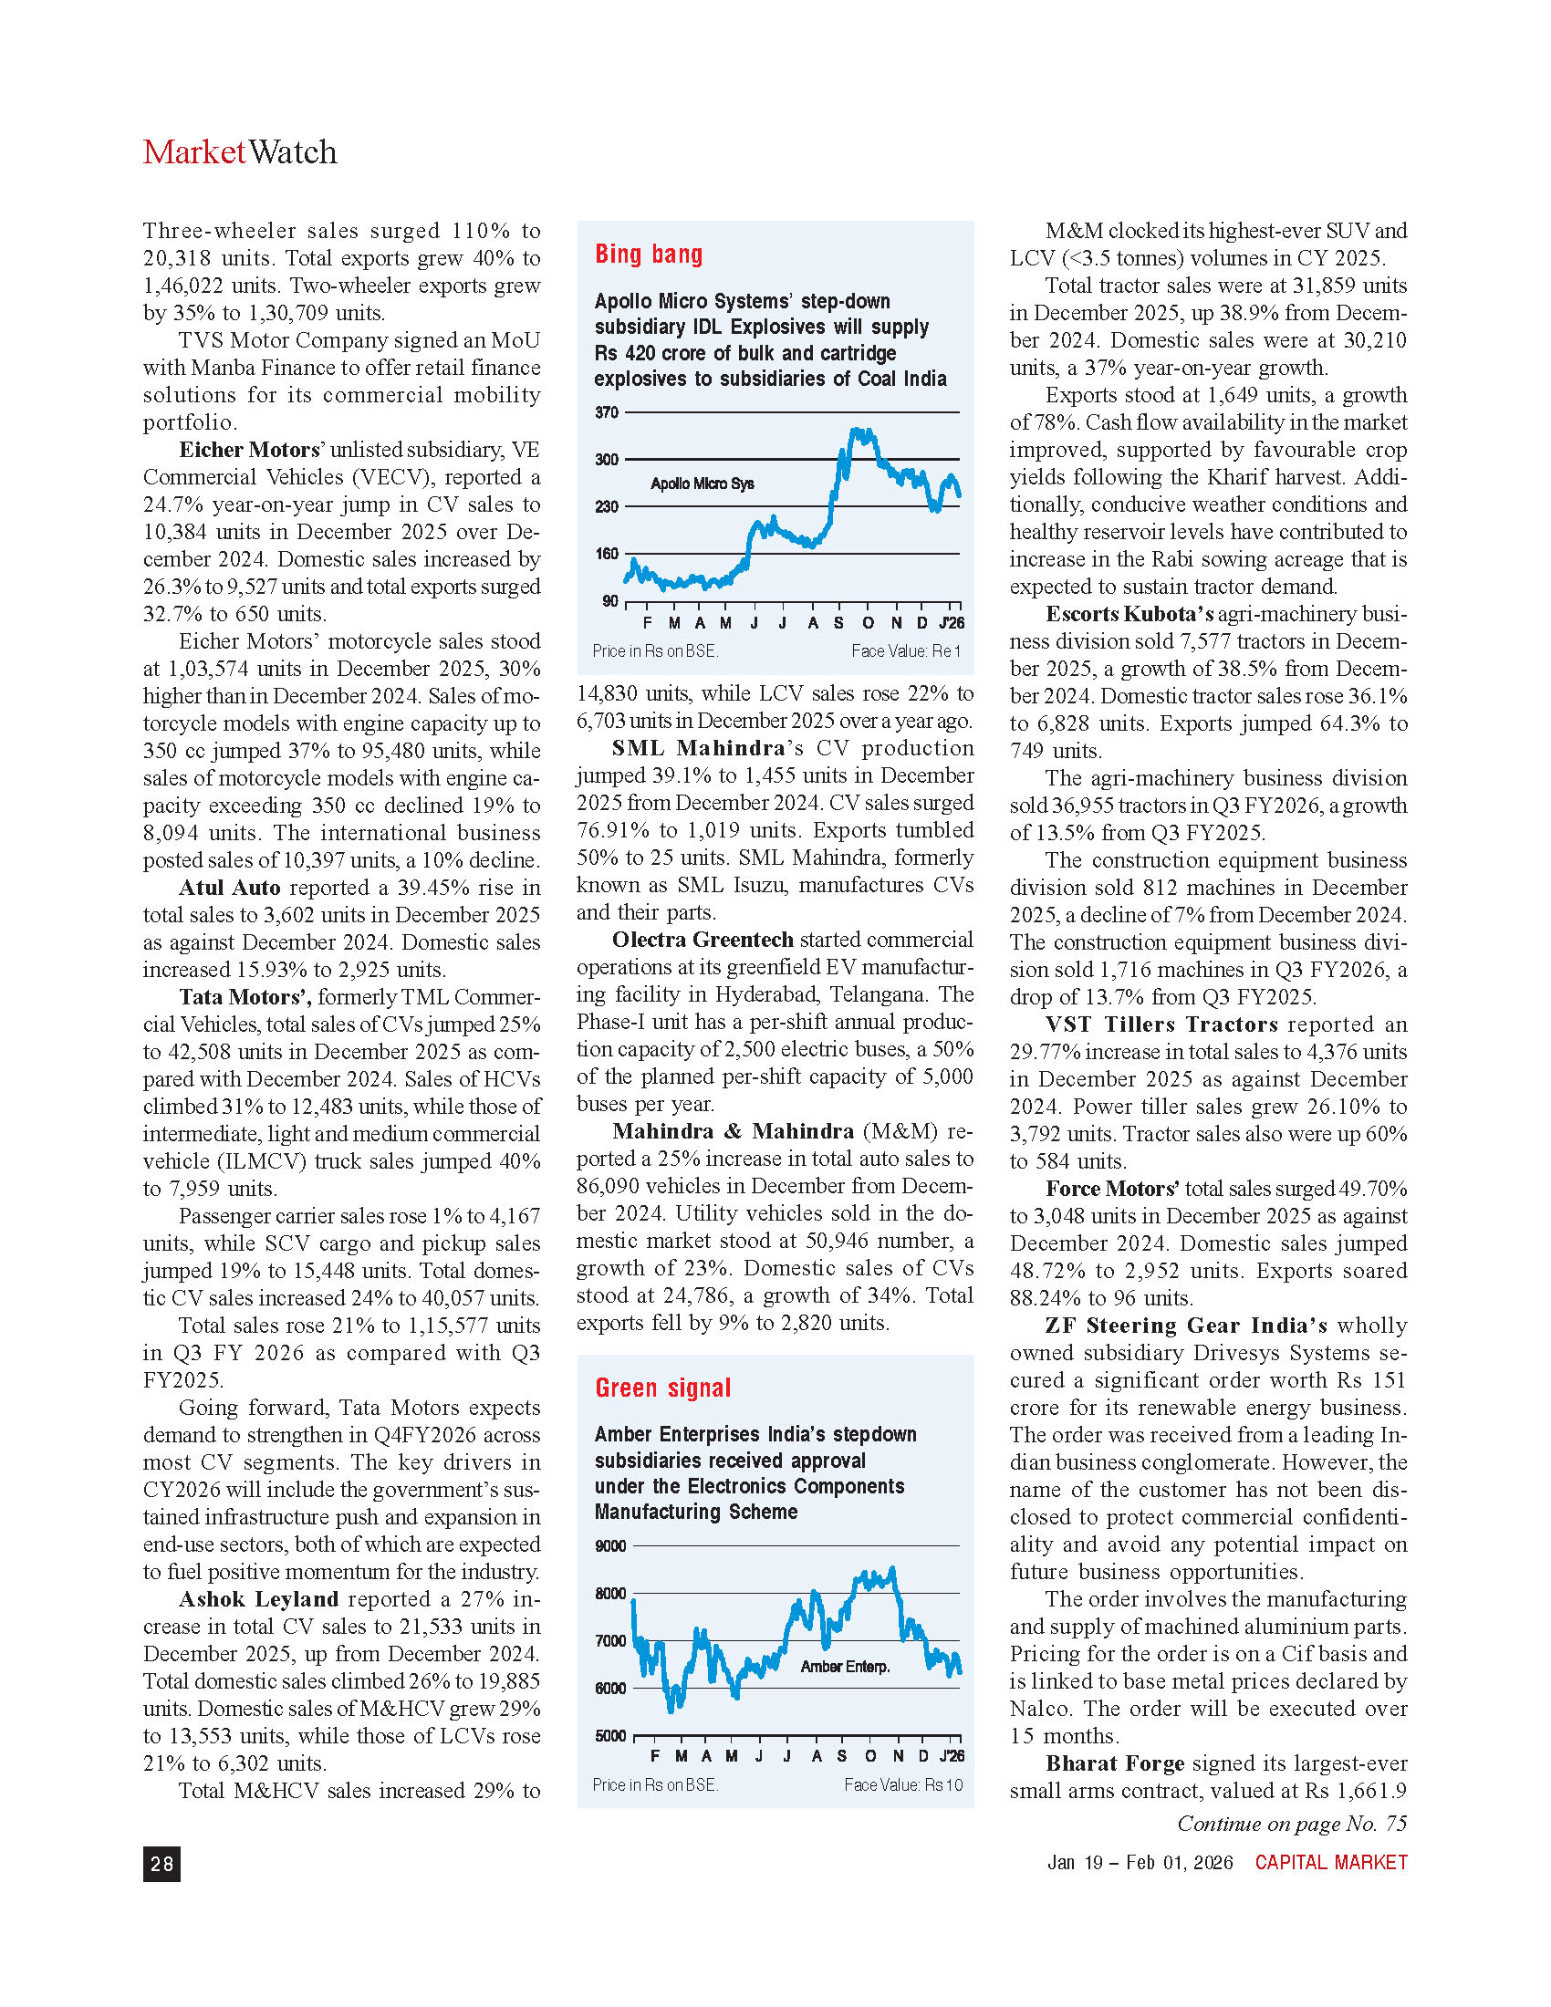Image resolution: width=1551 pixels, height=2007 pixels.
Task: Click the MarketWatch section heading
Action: (x=240, y=152)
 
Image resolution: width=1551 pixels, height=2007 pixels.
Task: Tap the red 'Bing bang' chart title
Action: (x=648, y=254)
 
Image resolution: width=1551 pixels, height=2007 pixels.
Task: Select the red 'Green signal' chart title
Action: (x=662, y=1388)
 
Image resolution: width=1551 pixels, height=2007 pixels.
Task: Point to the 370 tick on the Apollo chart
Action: (x=607, y=412)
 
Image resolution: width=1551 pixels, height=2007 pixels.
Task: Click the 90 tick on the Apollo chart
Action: (x=610, y=601)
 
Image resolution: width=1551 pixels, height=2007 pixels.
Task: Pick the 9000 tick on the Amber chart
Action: (x=610, y=1545)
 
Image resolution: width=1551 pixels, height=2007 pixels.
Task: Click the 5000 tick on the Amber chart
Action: (x=610, y=1736)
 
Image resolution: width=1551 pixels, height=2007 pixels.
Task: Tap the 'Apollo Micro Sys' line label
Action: (x=702, y=484)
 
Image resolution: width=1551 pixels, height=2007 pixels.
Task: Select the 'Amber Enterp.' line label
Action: (x=845, y=1666)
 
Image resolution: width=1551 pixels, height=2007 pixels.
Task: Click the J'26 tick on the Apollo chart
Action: (x=951, y=623)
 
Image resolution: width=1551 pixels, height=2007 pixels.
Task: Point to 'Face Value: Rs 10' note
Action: (x=903, y=1784)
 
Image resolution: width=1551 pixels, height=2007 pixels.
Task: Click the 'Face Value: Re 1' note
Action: (x=905, y=650)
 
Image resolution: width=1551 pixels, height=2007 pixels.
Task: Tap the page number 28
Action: (x=161, y=1863)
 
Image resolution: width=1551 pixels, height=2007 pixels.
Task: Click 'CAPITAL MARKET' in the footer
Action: (x=1330, y=1862)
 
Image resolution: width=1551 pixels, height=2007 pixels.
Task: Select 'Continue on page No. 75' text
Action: (x=1291, y=1824)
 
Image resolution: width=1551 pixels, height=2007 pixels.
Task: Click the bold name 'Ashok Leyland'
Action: (x=258, y=1599)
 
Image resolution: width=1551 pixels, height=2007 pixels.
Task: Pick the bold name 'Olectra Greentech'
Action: (x=702, y=939)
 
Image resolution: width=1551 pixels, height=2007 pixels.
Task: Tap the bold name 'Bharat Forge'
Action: (x=1114, y=1763)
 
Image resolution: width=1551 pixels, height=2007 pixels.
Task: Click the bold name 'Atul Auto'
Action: (x=229, y=888)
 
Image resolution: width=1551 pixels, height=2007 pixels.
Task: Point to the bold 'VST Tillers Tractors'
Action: (x=1161, y=1024)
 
